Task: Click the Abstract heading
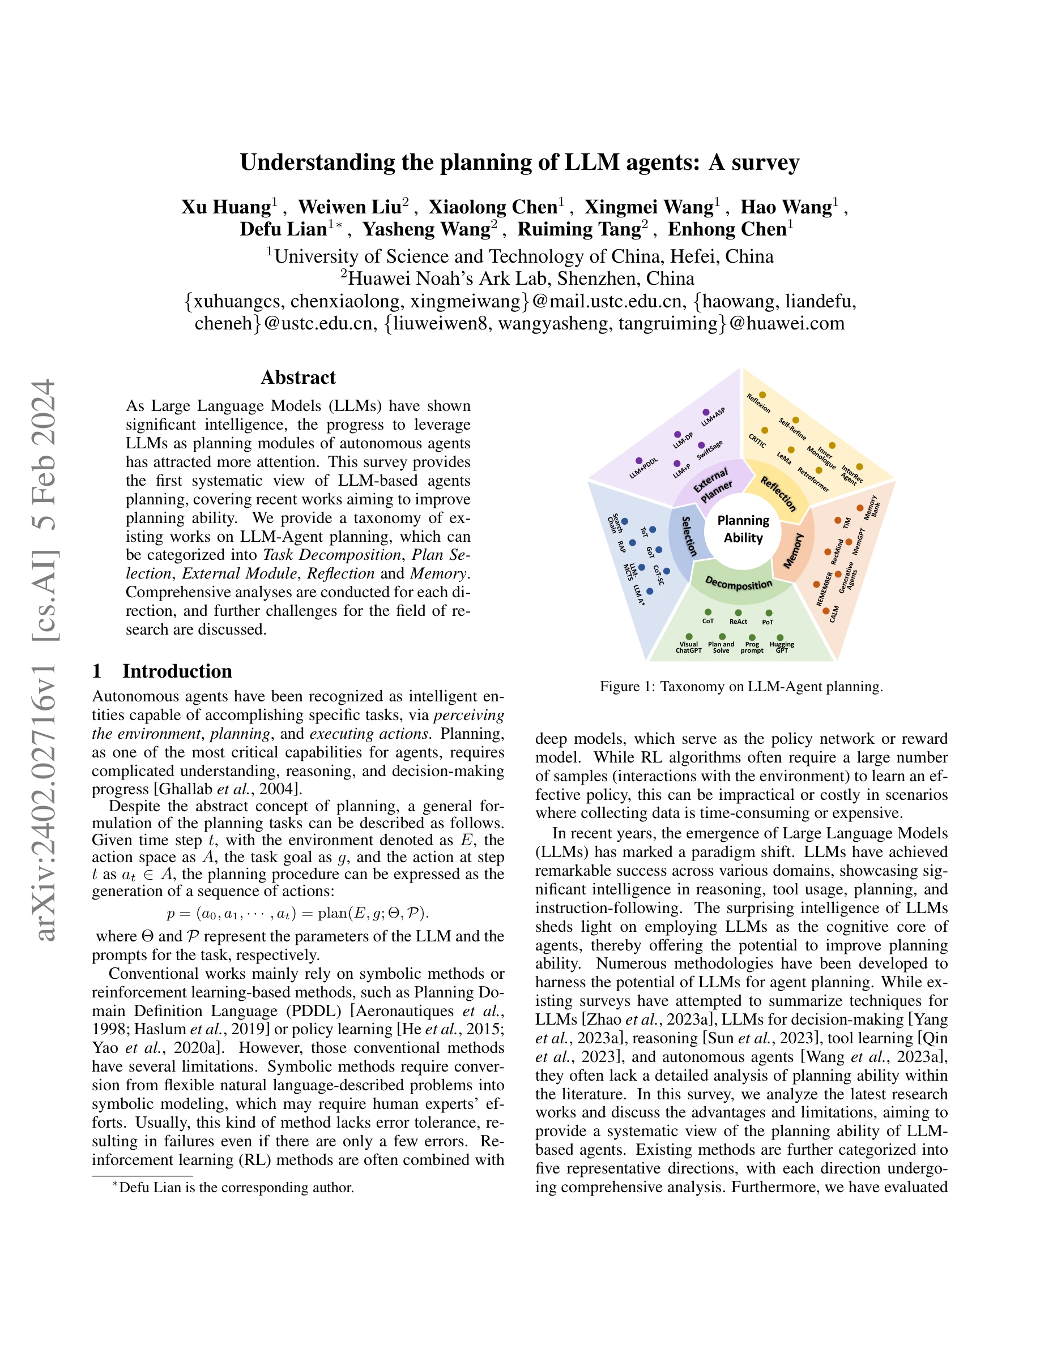pyautogui.click(x=298, y=378)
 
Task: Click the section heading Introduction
pyautogui.click(x=177, y=671)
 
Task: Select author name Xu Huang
pyautogui.click(x=225, y=207)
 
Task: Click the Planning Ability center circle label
pyautogui.click(x=743, y=529)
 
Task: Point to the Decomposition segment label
pyautogui.click(x=738, y=582)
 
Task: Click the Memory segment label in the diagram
pyautogui.click(x=794, y=551)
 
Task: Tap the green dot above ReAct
pyautogui.click(x=738, y=612)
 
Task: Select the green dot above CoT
pyautogui.click(x=708, y=612)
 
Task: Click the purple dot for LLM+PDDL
pyautogui.click(x=639, y=461)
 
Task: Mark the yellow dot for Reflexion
pyautogui.click(x=763, y=395)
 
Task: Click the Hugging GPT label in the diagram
pyautogui.click(x=781, y=647)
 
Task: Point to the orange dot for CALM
pyautogui.click(x=825, y=611)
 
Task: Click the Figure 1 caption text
pyautogui.click(x=741, y=687)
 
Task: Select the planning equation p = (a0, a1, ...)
pyautogui.click(x=297, y=913)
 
